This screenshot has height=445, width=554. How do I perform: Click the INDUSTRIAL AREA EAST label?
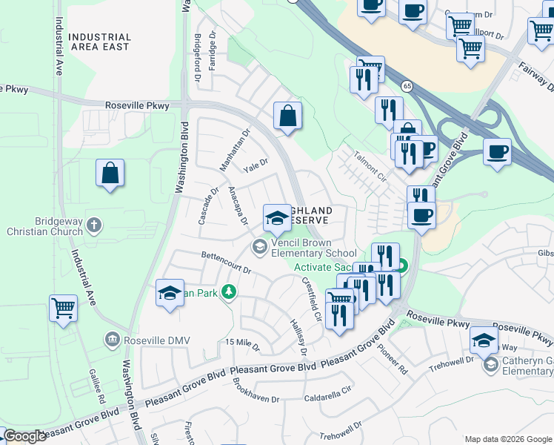click(100, 42)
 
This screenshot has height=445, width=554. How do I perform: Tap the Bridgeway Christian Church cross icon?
click(94, 225)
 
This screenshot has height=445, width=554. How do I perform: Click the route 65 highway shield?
click(408, 87)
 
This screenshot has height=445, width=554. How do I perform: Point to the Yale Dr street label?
click(256, 165)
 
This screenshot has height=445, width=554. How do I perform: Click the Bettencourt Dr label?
click(227, 263)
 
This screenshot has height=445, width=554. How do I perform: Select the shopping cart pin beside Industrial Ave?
click(63, 308)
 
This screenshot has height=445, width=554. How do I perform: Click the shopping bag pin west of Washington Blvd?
click(110, 174)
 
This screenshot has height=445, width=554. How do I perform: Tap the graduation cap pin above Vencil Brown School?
click(277, 217)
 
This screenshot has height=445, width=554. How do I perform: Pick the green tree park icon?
click(229, 293)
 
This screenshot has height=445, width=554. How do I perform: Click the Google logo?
click(24, 436)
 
